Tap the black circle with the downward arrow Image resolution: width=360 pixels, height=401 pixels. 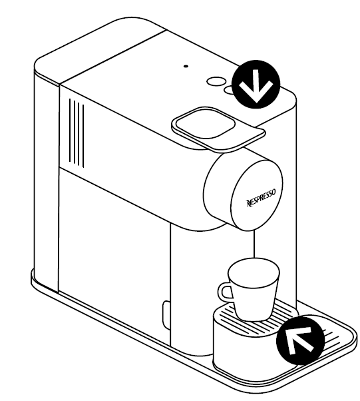click(x=256, y=85)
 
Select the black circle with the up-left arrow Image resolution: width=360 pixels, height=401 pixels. click(x=301, y=340)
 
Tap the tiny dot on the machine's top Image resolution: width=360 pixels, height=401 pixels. click(x=186, y=66)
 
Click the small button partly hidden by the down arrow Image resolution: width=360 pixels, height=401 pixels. click(x=228, y=89)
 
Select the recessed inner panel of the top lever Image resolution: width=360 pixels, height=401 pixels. click(x=206, y=124)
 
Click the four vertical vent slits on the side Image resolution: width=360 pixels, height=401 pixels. click(x=77, y=133)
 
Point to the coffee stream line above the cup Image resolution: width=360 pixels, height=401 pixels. click(x=254, y=244)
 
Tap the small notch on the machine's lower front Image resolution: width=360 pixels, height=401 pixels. click(x=166, y=315)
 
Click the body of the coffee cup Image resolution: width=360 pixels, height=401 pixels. click(x=253, y=294)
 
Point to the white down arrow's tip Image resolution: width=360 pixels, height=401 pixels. click(x=256, y=102)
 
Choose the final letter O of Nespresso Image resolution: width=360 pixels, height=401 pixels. click(x=274, y=192)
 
